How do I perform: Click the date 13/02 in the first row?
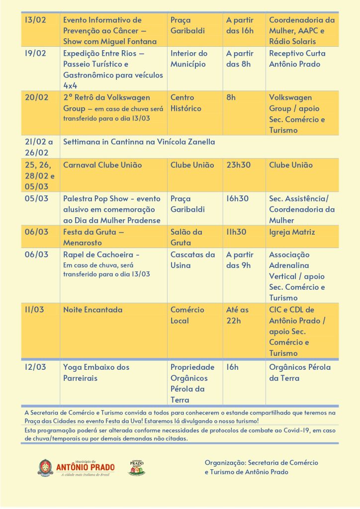(35, 20)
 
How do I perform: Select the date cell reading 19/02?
(35, 54)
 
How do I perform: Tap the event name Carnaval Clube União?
(102, 165)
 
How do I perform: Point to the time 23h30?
(238, 165)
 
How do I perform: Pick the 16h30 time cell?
(238, 198)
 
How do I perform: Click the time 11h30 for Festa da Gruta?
(237, 232)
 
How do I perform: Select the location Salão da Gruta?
(186, 238)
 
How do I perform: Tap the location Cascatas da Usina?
(192, 260)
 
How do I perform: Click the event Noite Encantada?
(92, 310)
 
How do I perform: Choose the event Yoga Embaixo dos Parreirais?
(96, 373)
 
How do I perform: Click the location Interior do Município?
(189, 59)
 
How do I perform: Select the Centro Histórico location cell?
(186, 103)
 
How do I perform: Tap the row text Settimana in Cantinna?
(139, 142)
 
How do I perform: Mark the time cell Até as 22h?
(237, 315)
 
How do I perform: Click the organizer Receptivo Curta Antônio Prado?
(297, 59)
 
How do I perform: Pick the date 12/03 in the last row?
(35, 367)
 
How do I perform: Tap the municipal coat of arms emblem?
(45, 467)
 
